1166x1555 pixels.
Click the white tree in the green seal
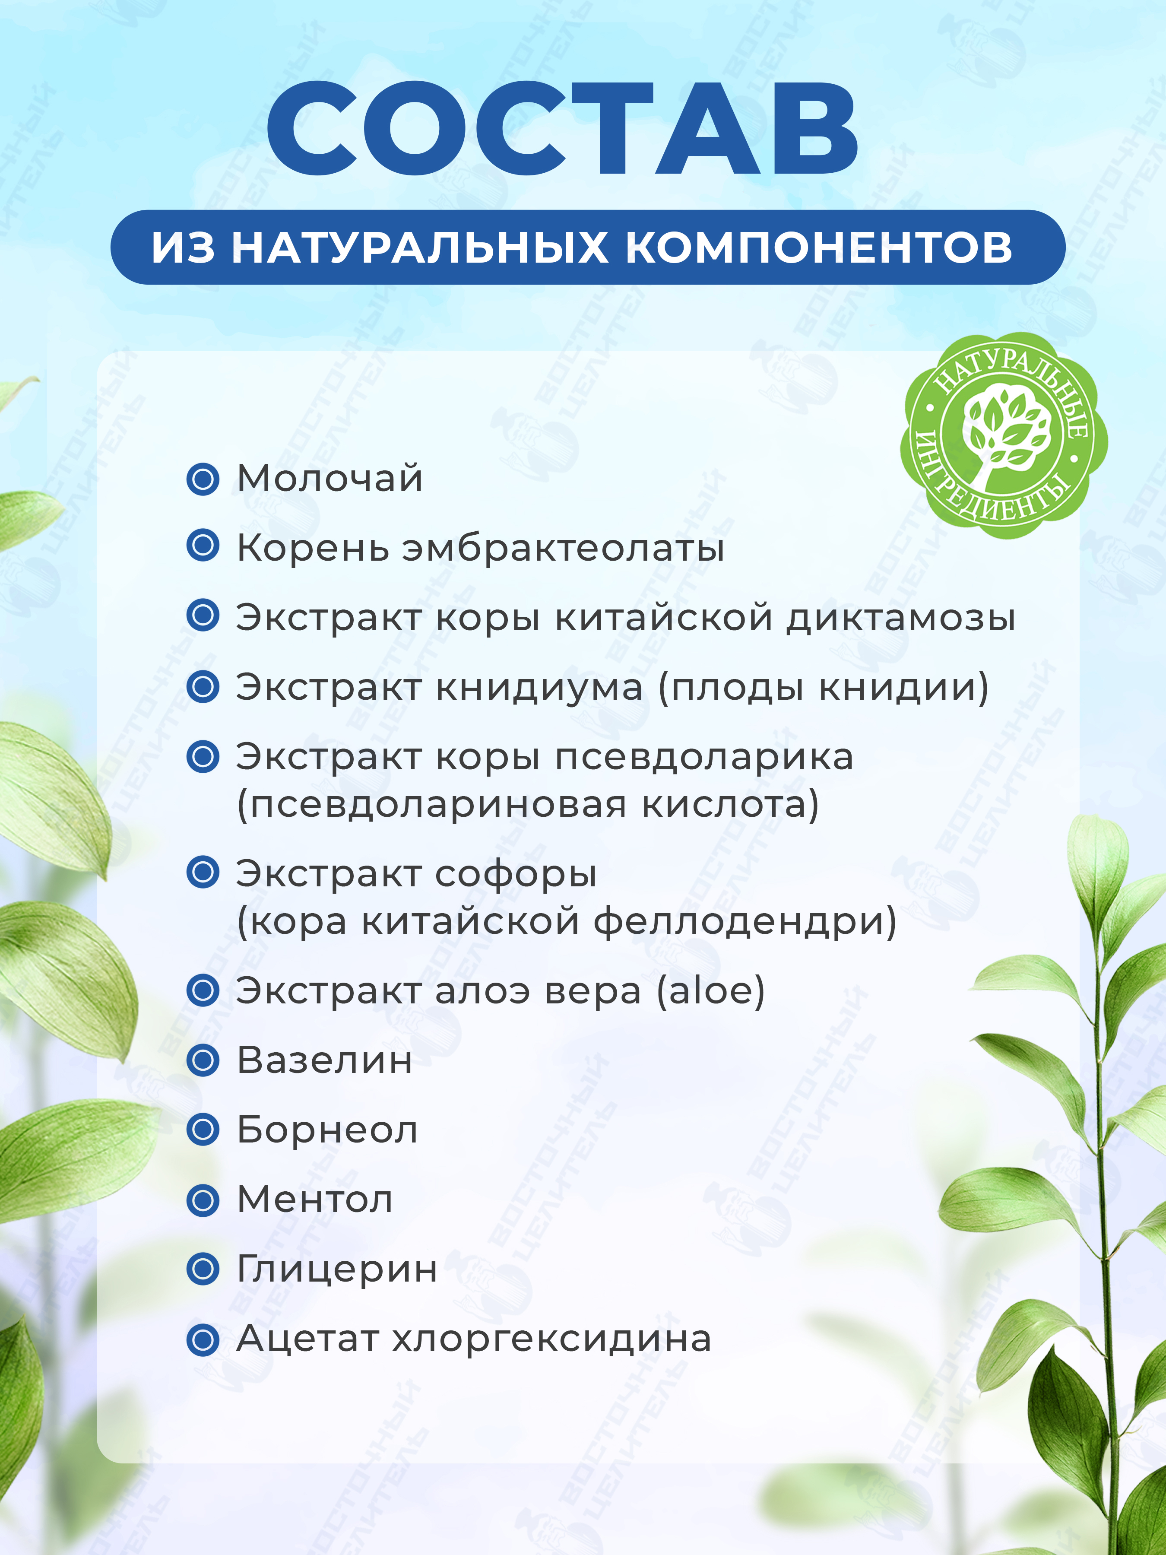[x=1005, y=432]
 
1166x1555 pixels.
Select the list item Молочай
[x=330, y=479]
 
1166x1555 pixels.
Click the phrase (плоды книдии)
[x=823, y=688]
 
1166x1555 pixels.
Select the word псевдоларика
[x=704, y=758]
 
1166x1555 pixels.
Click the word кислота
[x=731, y=805]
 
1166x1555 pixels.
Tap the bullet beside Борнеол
[x=203, y=1130]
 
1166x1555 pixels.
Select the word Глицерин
[x=337, y=1269]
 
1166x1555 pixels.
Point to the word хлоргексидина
[x=552, y=1339]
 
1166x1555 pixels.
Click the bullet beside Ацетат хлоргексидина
[x=203, y=1339]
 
